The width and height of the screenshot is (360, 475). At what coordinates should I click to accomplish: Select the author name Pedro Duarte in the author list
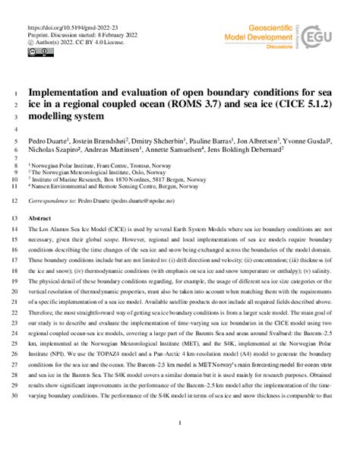tap(44, 141)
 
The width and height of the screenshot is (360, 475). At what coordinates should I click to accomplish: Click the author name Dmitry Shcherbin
tap(150, 141)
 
